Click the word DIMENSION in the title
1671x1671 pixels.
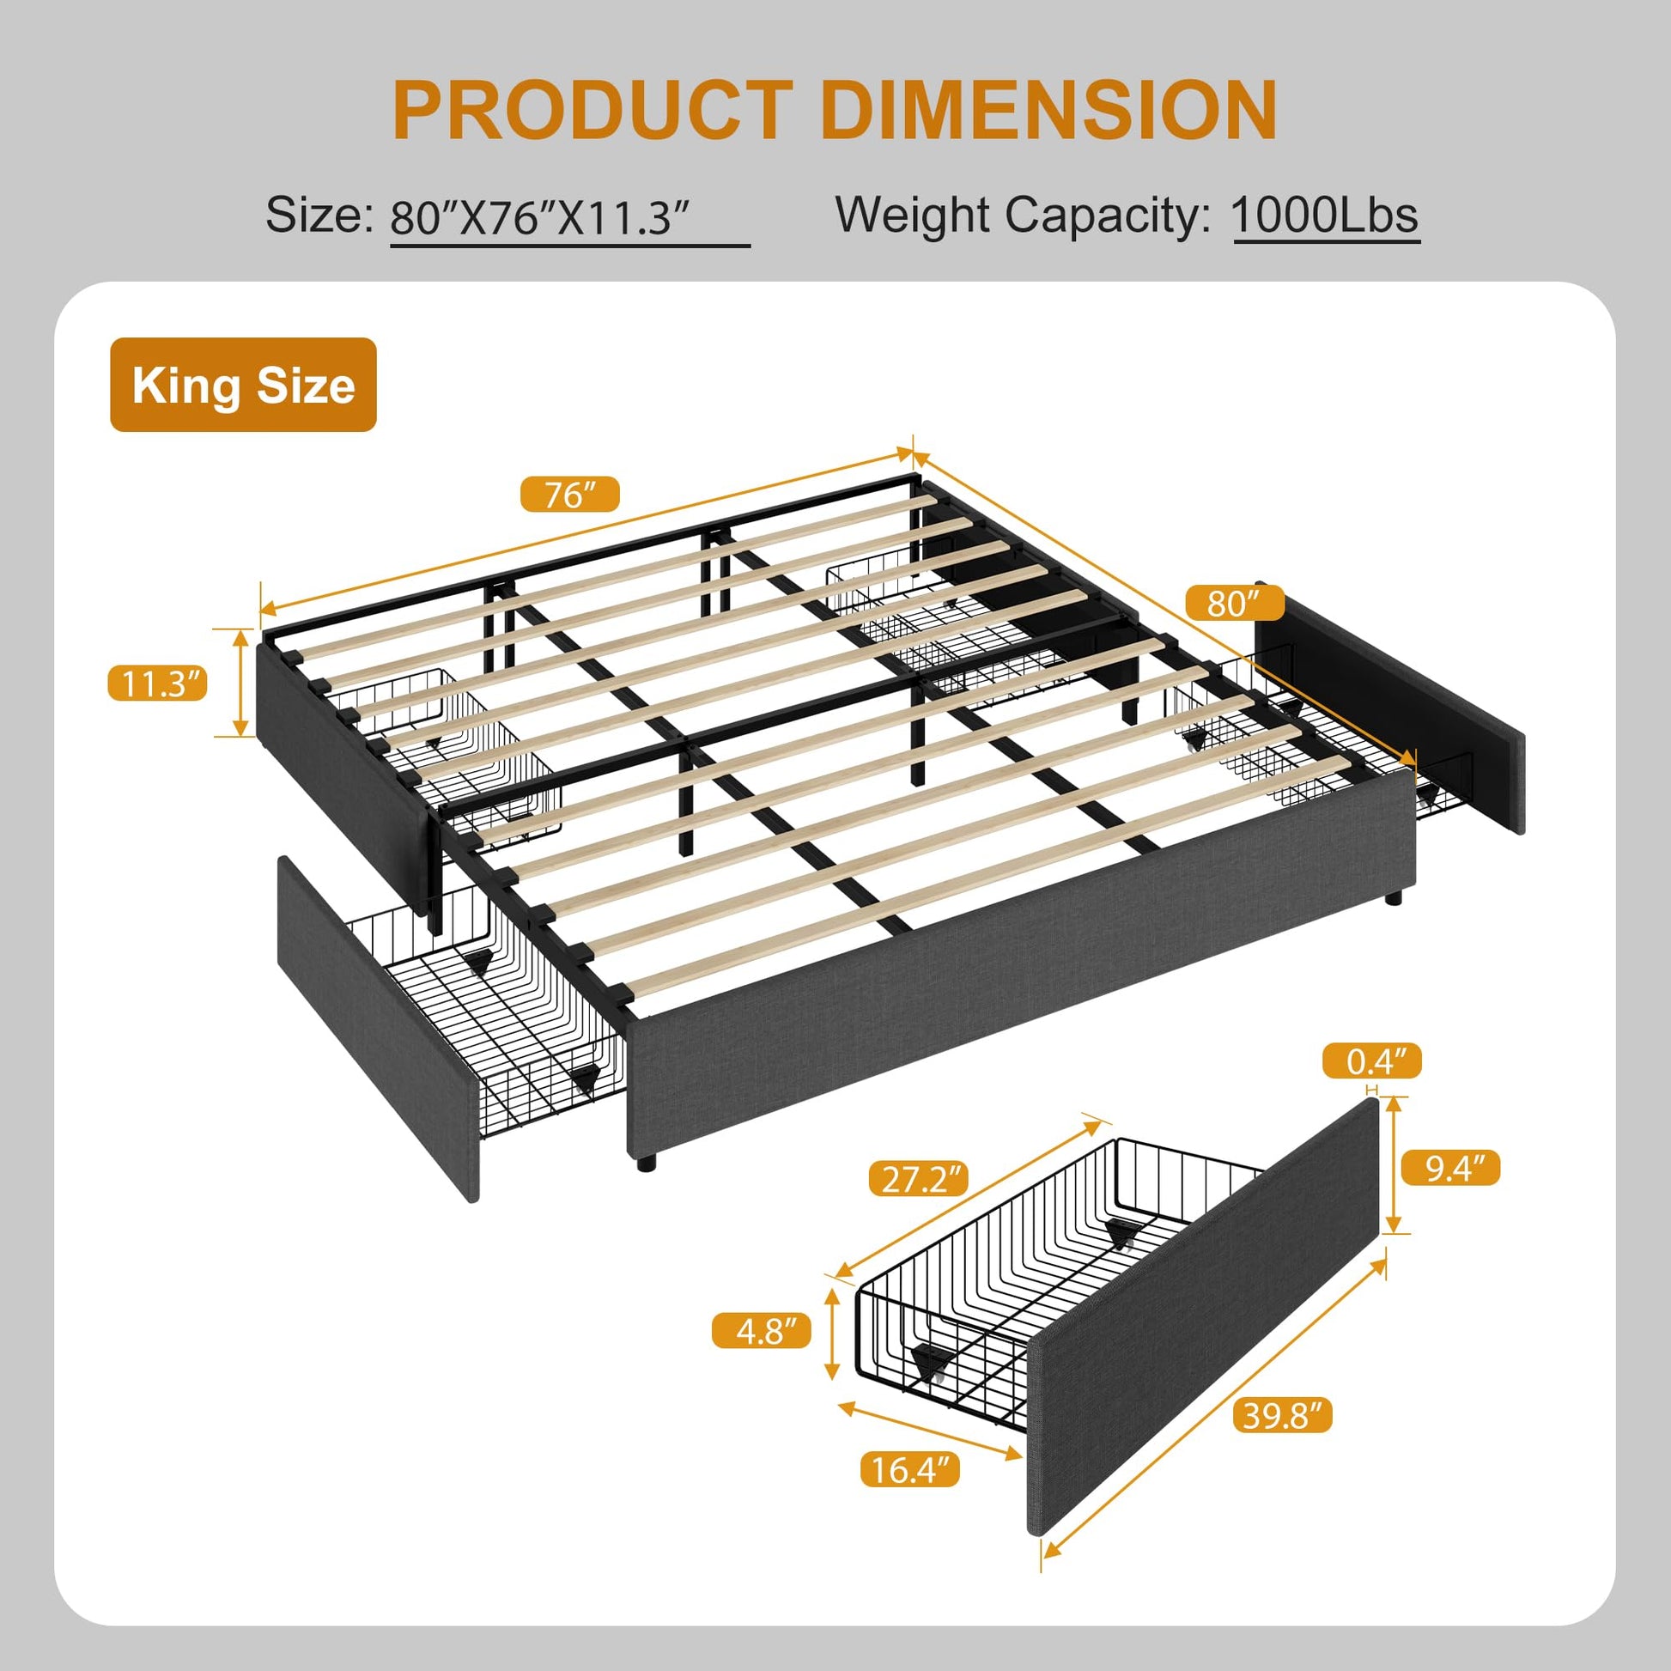[1048, 111]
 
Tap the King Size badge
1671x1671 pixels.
[243, 385]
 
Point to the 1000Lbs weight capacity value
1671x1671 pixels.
[1326, 216]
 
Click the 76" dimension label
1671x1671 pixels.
[570, 495]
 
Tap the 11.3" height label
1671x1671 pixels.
[157, 684]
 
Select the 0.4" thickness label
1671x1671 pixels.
[1371, 1061]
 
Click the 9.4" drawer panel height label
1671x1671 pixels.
[1449, 1169]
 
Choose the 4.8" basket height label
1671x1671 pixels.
[761, 1331]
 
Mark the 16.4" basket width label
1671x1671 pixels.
[910, 1469]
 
